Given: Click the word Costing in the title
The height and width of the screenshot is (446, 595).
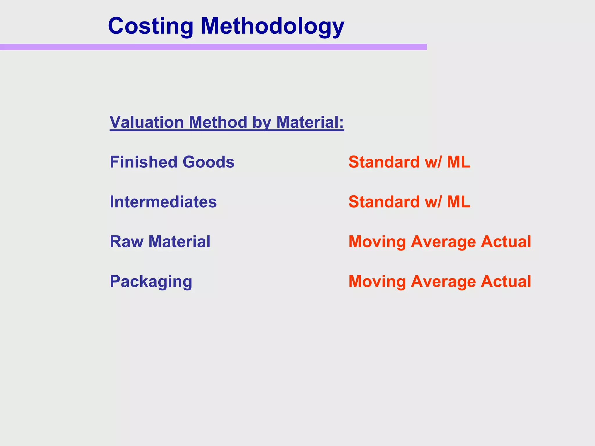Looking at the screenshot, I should point(150,26).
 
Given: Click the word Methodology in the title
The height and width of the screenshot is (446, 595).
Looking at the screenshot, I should point(272,26).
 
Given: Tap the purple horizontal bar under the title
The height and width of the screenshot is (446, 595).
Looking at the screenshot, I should point(213,47).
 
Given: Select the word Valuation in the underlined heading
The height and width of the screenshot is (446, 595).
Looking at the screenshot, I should point(147,122).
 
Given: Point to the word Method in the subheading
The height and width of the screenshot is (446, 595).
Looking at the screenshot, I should point(218,122).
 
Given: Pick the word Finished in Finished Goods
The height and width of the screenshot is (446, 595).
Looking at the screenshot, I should point(143,162).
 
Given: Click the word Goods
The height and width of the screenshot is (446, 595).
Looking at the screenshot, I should point(208,162).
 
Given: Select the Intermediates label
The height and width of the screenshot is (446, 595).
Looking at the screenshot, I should point(163,202).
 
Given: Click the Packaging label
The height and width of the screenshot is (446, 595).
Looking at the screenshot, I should point(151,282).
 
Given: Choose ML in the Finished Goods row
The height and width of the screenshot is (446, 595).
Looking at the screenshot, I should point(458,162).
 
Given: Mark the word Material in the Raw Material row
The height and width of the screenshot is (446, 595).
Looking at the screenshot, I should point(179,242).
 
